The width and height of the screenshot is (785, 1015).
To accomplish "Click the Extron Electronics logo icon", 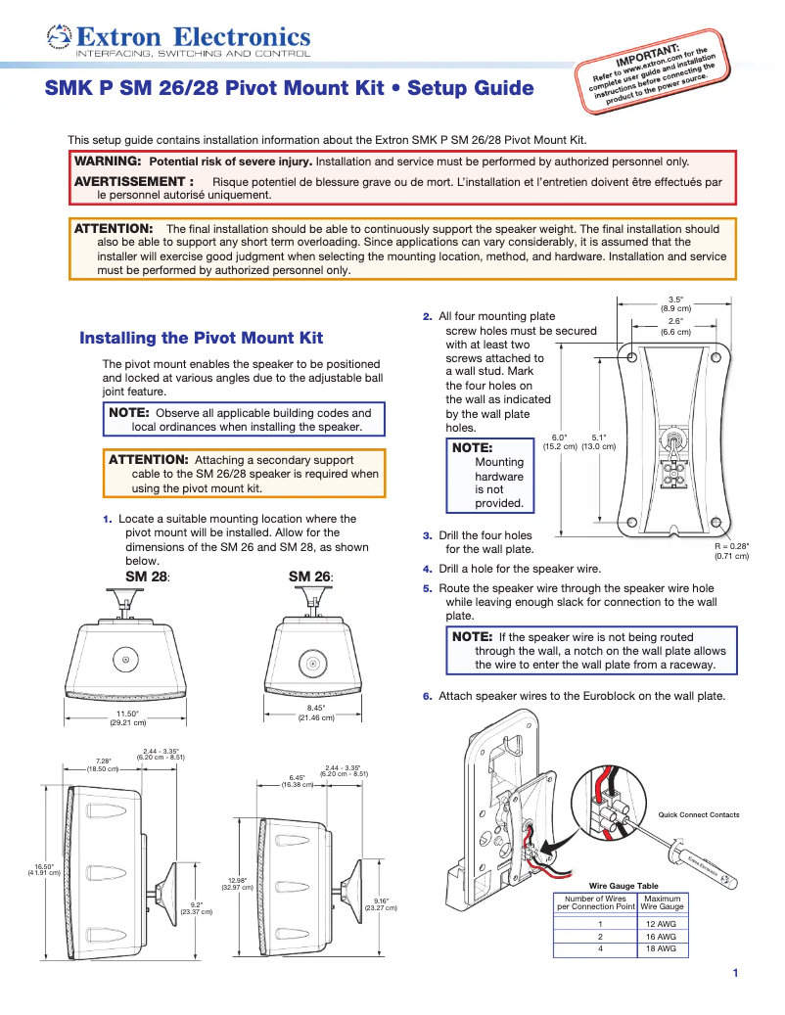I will [x=59, y=37].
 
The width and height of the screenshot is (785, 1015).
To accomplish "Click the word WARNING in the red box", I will [x=108, y=161].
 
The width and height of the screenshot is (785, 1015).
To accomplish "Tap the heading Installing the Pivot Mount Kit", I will [x=201, y=338].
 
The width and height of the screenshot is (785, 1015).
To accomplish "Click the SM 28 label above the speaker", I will [x=145, y=577].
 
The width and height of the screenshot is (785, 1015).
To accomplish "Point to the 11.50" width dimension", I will [x=127, y=715].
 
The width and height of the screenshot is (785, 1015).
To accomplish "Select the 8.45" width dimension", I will [x=316, y=708].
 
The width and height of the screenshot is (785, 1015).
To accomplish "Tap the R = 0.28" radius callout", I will [x=731, y=546].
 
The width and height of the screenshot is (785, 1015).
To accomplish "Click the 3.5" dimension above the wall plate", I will [x=675, y=300].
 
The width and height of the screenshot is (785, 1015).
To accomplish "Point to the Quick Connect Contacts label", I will [x=699, y=814].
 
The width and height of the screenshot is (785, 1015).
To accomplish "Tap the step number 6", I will [x=427, y=697].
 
